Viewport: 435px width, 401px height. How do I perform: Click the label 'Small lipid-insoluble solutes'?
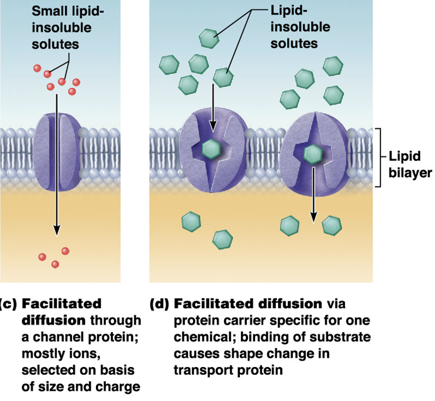point(68,28)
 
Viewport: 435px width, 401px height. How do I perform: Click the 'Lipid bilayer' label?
point(410,164)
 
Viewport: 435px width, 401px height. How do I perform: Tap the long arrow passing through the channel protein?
point(56,165)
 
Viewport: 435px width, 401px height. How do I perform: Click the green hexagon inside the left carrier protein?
point(211,149)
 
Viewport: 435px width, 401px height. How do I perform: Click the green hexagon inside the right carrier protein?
point(313,154)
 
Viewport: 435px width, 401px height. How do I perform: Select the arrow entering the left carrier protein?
point(212,108)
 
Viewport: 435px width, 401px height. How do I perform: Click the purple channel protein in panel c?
point(57,152)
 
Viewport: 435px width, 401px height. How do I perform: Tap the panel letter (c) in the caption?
point(8,304)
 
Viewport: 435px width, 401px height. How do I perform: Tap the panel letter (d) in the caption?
point(160,304)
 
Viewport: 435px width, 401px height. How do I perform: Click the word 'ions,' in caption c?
point(86,354)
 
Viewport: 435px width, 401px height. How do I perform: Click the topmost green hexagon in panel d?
point(209,38)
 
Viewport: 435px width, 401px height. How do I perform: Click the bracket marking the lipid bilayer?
point(380,157)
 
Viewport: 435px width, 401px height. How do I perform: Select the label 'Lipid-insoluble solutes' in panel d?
point(300,27)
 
